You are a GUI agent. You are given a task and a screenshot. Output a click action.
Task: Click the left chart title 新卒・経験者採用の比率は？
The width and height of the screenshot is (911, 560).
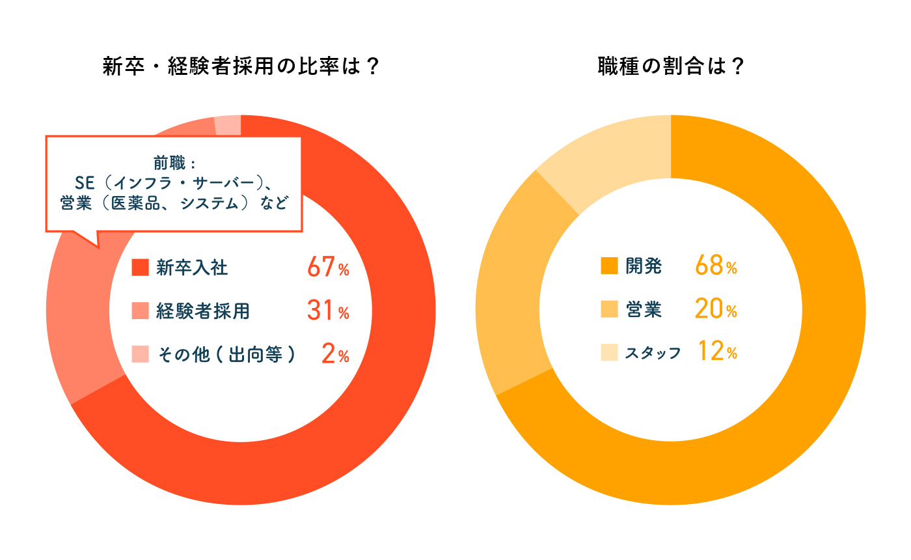coord(241,67)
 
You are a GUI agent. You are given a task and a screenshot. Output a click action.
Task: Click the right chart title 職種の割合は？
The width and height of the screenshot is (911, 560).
coord(671,67)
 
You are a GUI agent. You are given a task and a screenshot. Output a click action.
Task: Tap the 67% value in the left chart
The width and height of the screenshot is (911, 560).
coord(328,267)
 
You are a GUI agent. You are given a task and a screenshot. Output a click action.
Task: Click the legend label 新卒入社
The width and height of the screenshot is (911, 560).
coord(192,268)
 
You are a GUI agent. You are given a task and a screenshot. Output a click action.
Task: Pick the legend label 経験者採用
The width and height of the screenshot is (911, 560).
coord(202,311)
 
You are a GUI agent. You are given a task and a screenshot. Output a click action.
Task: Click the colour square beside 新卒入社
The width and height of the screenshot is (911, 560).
coord(140,268)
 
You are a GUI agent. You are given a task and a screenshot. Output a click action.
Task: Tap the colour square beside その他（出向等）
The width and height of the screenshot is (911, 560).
coord(140,354)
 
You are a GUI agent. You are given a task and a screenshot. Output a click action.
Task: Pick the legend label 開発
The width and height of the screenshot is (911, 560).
coord(644,266)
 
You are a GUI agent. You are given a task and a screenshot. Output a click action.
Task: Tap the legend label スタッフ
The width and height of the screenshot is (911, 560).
coord(653,353)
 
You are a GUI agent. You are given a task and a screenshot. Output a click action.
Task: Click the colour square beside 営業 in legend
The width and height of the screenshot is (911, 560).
coord(610,310)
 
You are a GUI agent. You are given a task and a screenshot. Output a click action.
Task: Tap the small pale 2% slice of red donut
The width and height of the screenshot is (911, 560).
coord(228,125)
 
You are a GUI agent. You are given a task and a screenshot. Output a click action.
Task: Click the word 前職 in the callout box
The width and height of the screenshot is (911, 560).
coord(170,160)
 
